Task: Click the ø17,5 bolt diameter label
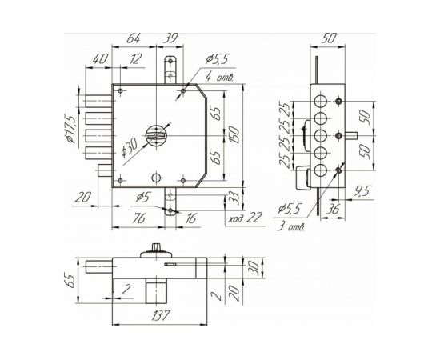point(71,127)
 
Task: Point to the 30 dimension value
point(255,267)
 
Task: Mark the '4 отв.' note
point(218,78)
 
